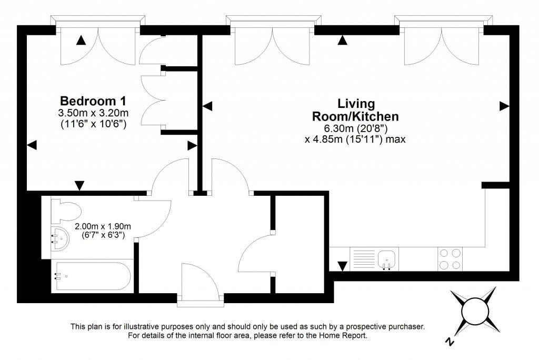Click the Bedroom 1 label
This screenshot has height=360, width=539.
[93, 101]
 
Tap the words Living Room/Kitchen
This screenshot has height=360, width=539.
[355, 110]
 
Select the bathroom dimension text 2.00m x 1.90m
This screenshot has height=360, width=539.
[103, 227]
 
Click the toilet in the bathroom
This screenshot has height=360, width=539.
[66, 210]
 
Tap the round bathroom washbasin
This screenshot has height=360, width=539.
[60, 238]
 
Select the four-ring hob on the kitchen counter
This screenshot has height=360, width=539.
[451, 259]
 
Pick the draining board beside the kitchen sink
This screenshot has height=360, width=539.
[364, 258]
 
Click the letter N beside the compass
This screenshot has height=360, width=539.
[449, 342]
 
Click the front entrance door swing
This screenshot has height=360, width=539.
[200, 279]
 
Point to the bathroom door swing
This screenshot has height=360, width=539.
[155, 218]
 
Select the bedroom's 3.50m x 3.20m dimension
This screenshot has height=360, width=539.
[94, 113]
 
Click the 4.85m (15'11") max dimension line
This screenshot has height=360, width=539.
[355, 139]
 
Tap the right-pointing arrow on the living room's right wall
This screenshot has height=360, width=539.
[504, 106]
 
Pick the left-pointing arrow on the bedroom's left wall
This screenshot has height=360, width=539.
[32, 145]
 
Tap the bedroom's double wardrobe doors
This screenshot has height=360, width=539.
[153, 101]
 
